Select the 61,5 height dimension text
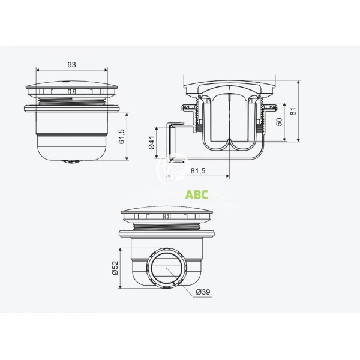[122, 137]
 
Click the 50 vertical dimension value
[280, 122]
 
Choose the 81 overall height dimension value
[293, 111]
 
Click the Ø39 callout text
[203, 292]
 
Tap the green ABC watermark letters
[197, 194]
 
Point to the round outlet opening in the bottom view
[165, 269]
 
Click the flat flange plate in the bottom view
[165, 234]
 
